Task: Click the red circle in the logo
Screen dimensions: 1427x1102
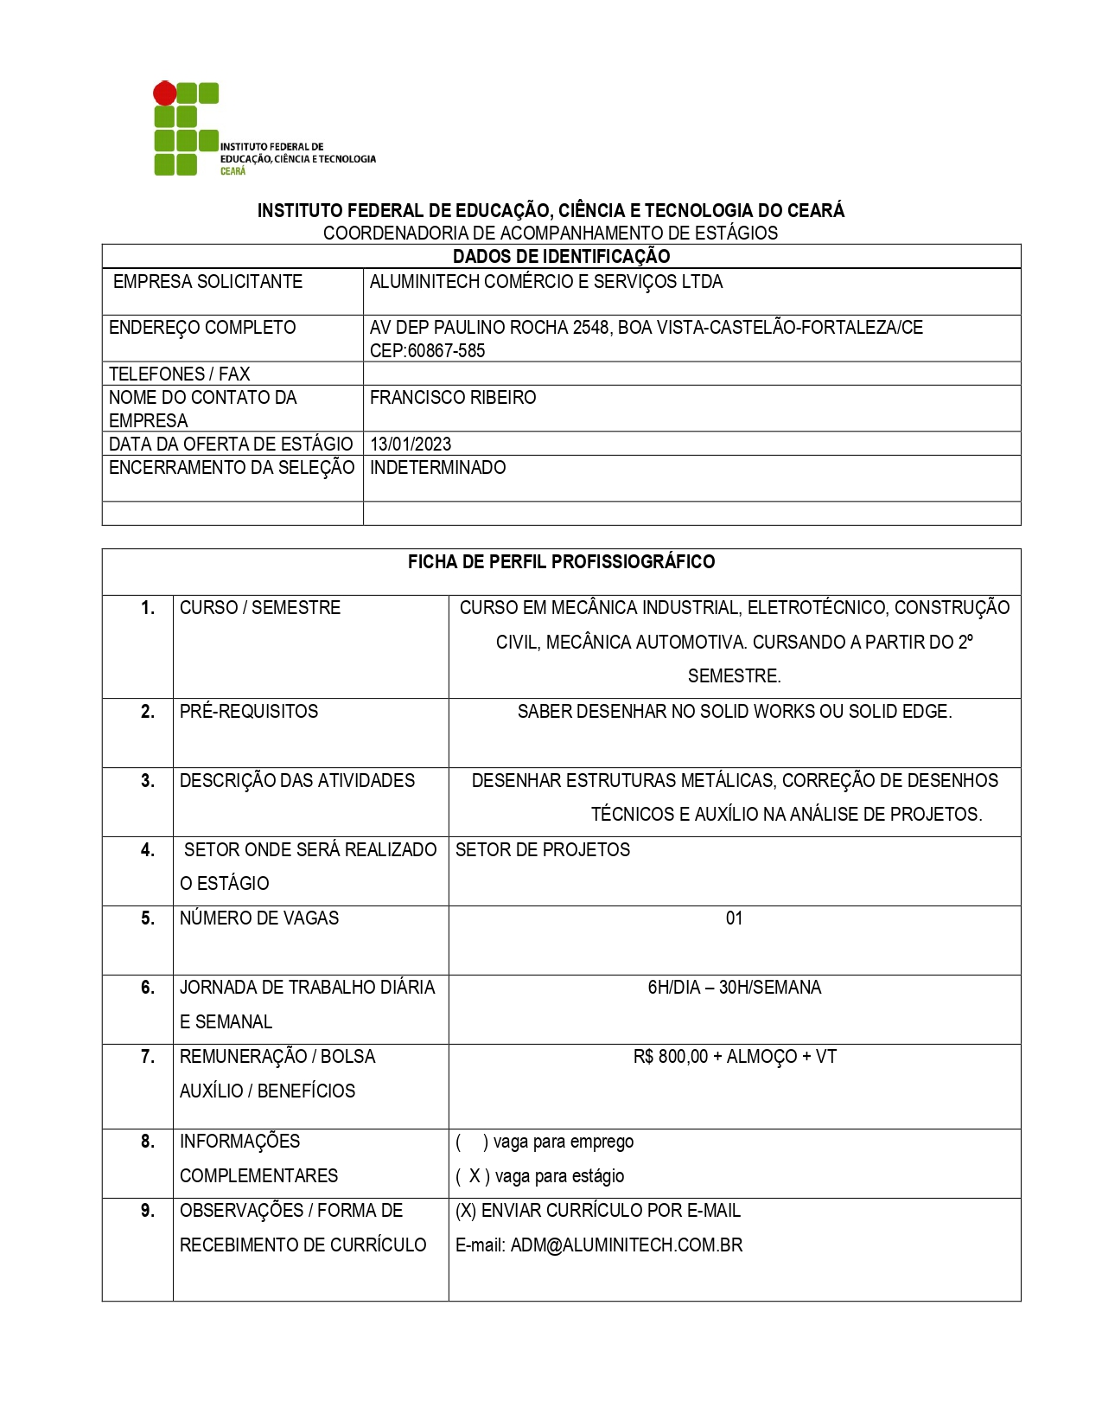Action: coord(164,93)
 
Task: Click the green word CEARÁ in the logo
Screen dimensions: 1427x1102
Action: coord(233,171)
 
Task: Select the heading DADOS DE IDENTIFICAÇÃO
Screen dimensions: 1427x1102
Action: coord(561,256)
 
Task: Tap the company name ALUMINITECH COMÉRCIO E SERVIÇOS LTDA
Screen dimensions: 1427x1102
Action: coord(545,282)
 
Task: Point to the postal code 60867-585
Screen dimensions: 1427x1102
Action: coord(446,351)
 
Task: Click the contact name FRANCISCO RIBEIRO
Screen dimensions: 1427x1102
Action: coord(453,398)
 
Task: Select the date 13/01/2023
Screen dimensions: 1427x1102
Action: coord(411,445)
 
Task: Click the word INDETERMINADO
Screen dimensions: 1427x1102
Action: coord(437,468)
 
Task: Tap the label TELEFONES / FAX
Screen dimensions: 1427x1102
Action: coord(179,374)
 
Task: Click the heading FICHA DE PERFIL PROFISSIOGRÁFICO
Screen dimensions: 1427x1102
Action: coord(561,562)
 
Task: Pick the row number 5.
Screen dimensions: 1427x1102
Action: coord(148,918)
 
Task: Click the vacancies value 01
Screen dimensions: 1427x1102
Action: coord(734,918)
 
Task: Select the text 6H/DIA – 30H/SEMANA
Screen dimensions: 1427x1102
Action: coord(734,988)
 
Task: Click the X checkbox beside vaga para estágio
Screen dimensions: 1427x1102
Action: coord(474,1176)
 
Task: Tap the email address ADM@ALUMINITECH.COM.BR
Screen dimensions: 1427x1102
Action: coord(626,1245)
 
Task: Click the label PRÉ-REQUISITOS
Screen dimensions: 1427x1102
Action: coord(249,712)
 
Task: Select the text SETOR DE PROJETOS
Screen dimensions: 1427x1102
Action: coord(543,850)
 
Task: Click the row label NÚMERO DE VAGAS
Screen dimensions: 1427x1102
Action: coord(259,918)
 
